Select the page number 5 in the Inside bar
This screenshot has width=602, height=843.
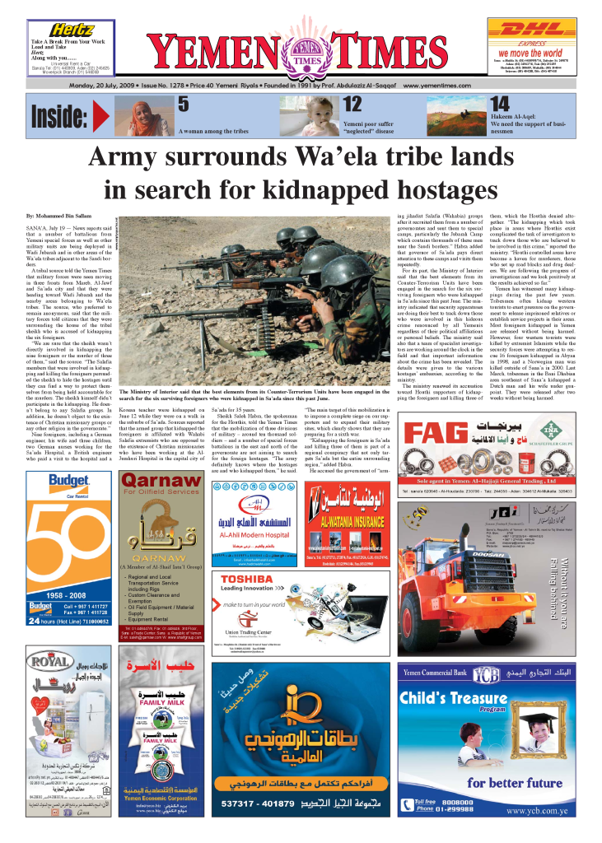point(184,104)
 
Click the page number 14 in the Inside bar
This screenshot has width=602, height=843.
point(500,104)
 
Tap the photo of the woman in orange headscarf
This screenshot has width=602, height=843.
point(143,116)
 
